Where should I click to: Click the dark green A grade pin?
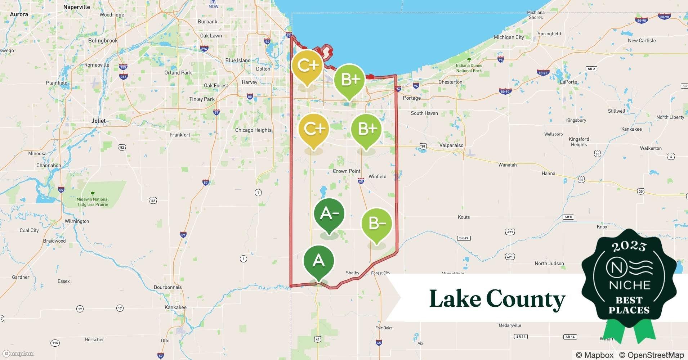(x=318, y=261)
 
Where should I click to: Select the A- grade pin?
(x=329, y=214)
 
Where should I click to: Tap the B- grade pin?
(x=376, y=224)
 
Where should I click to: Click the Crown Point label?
(x=346, y=171)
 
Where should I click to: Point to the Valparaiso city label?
(x=451, y=145)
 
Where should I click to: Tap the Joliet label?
(x=98, y=121)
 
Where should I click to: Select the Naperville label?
(x=76, y=7)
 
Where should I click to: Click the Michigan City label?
(x=509, y=37)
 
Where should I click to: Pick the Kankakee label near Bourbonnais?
(x=175, y=307)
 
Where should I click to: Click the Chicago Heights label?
(x=253, y=130)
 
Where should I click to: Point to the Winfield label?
(x=377, y=176)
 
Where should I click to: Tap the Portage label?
(x=412, y=98)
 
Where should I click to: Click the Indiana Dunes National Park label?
(x=469, y=68)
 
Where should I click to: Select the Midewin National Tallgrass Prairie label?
(x=92, y=202)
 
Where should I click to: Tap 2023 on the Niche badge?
(x=629, y=246)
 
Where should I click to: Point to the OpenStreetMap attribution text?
(x=651, y=355)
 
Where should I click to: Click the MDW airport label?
(x=213, y=6)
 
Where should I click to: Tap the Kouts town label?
(x=464, y=217)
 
